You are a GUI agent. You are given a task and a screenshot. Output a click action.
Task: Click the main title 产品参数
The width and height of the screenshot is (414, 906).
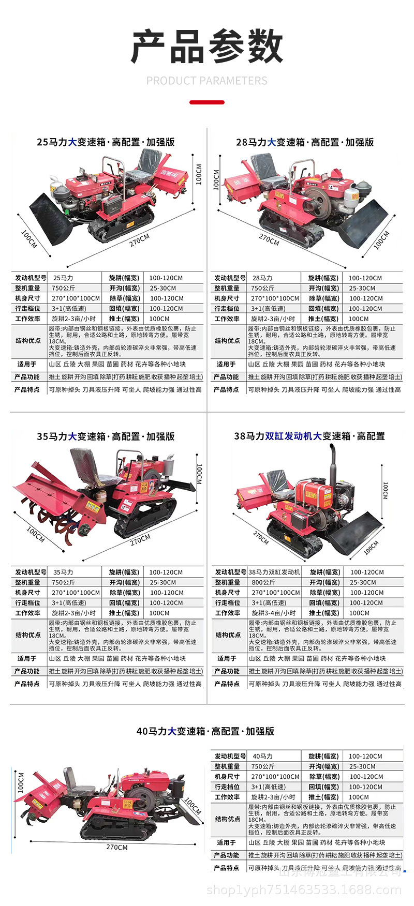(x=207, y=47)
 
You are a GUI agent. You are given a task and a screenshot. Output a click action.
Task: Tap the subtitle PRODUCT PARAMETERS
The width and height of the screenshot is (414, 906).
(x=207, y=81)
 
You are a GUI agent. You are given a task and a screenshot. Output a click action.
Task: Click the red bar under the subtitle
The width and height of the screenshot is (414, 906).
(x=207, y=102)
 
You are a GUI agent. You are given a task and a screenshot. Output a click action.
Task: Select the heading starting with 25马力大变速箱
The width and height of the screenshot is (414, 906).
(x=106, y=142)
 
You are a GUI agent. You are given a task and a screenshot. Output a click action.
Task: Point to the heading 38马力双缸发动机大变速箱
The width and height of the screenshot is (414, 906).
(x=309, y=436)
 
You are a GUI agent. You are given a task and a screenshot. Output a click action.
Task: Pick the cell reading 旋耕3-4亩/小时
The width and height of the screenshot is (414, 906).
(x=274, y=613)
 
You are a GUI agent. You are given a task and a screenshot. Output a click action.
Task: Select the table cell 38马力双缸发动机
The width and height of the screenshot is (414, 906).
(x=274, y=572)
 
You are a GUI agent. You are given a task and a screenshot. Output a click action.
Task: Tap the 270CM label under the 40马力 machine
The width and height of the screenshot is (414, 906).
(x=117, y=847)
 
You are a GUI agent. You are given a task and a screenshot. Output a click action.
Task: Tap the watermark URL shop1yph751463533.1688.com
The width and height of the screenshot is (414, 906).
(x=304, y=890)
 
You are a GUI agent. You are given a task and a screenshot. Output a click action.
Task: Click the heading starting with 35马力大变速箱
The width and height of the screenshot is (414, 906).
(x=106, y=436)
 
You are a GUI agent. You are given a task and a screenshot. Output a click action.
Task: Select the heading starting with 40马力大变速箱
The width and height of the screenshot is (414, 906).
(x=205, y=731)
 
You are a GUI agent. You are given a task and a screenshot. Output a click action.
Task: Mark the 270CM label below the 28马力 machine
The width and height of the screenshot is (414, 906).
(x=269, y=239)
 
